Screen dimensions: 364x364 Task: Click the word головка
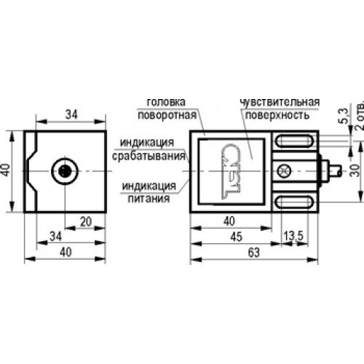(x=166, y=102)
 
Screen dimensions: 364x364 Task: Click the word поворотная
(x=167, y=115)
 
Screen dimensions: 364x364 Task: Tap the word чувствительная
(x=280, y=102)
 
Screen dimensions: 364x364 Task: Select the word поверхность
(x=277, y=115)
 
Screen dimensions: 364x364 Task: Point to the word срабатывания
(x=149, y=156)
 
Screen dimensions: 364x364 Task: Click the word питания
(x=149, y=199)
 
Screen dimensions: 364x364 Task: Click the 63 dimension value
(x=254, y=253)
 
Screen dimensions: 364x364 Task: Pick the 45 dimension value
(x=236, y=237)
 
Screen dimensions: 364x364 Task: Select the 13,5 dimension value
(x=293, y=236)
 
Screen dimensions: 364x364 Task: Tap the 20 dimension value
(x=86, y=222)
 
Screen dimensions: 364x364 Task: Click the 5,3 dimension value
(x=344, y=116)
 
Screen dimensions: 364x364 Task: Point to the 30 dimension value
(x=355, y=170)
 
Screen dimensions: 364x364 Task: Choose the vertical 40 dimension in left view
(x=5, y=170)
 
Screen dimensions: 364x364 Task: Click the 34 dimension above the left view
(x=71, y=114)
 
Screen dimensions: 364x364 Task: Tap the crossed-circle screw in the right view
(x=284, y=171)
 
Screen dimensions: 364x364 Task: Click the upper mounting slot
(x=295, y=141)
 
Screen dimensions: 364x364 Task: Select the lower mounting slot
(x=295, y=202)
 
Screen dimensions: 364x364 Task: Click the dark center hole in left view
(x=65, y=171)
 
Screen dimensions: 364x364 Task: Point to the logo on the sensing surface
(x=232, y=171)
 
